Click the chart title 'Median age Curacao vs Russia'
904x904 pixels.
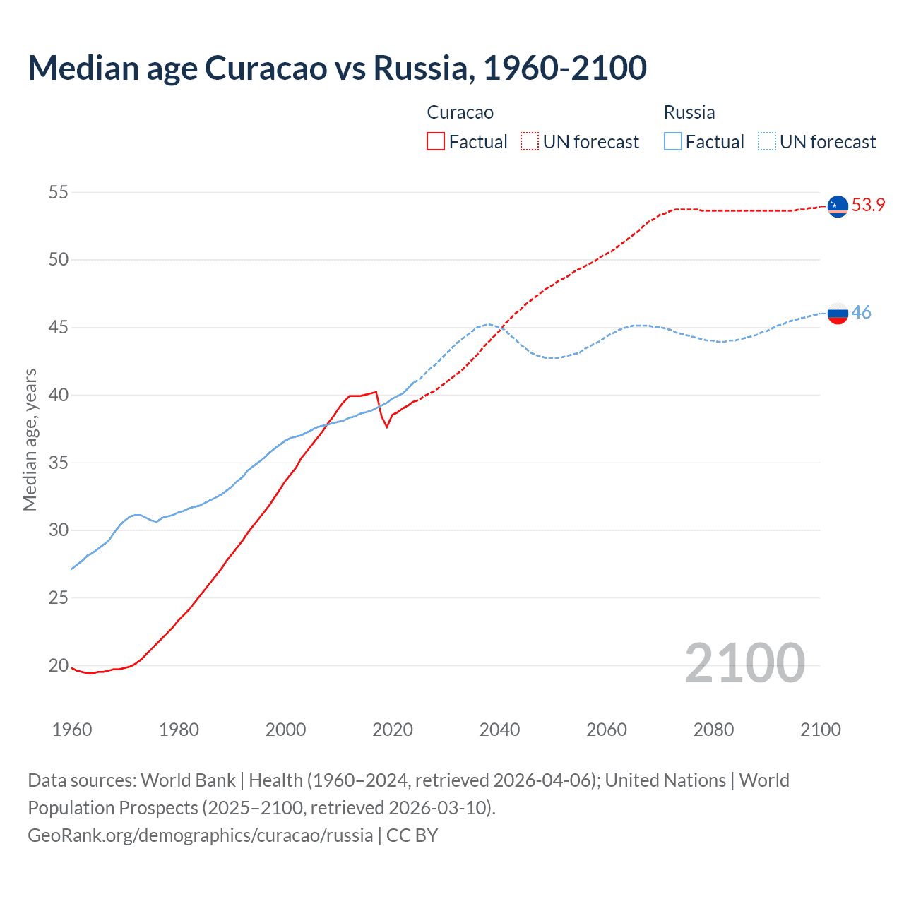coord(337,68)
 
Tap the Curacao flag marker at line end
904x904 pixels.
coord(838,206)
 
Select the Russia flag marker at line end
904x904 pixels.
coord(838,313)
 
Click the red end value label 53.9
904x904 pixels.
coord(868,206)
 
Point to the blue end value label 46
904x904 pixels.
coord(861,312)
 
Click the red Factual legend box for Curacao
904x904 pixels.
coord(436,142)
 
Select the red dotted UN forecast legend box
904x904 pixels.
coord(530,142)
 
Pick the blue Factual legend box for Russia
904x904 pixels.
coord(673,142)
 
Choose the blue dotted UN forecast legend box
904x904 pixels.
coord(766,142)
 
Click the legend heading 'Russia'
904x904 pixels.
coord(689,112)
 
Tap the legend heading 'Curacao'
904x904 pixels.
coord(460,112)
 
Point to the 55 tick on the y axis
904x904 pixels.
coord(59,192)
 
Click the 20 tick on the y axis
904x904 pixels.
coord(59,665)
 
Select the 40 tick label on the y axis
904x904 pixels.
coord(59,395)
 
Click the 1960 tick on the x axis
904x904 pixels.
coord(72,730)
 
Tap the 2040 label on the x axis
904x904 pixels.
coord(499,730)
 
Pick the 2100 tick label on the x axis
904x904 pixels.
coord(820,730)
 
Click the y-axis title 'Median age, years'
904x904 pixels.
coord(30,439)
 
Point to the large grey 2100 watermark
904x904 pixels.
coord(744,662)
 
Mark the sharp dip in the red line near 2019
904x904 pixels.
coord(386,427)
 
